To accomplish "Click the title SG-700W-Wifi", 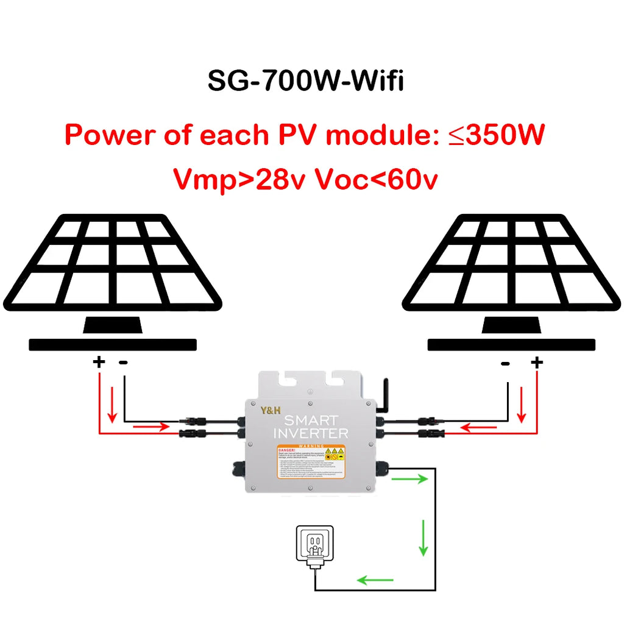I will pyautogui.click(x=305, y=81).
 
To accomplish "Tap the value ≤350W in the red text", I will pyautogui.click(x=497, y=135).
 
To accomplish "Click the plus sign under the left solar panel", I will pyautogui.click(x=99, y=363).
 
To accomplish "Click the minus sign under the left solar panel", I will pyautogui.click(x=124, y=363).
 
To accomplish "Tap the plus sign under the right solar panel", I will pyautogui.click(x=536, y=363).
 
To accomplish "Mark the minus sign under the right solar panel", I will pyautogui.click(x=505, y=364).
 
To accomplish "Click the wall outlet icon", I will pyautogui.click(x=314, y=545).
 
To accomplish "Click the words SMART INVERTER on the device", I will pyautogui.click(x=311, y=427).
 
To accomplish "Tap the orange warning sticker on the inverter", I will pyautogui.click(x=310, y=461).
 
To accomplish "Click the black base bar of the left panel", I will pyautogui.click(x=113, y=345).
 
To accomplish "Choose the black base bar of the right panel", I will pyautogui.click(x=511, y=345).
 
